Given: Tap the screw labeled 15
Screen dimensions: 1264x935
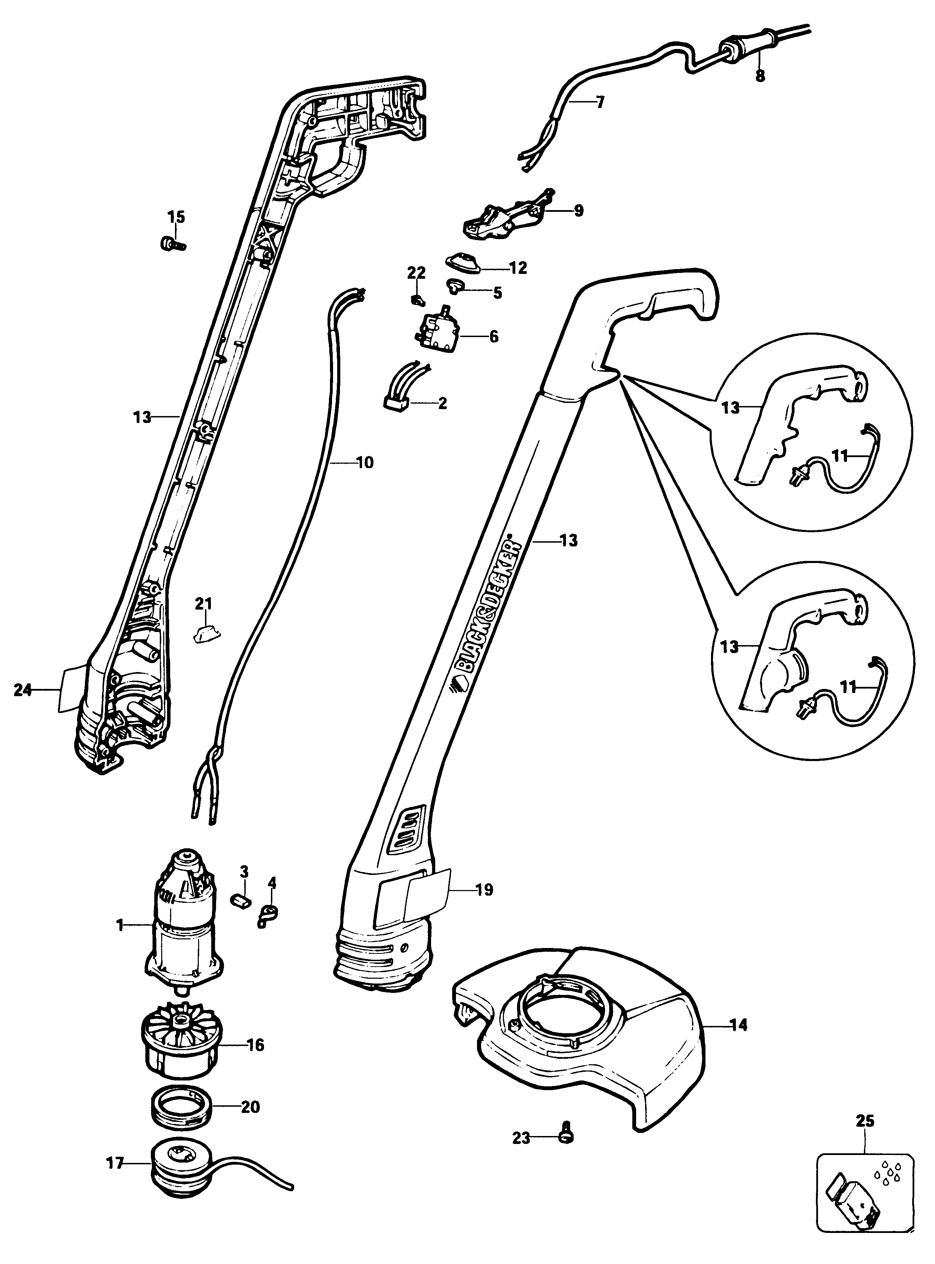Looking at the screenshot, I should pos(172,244).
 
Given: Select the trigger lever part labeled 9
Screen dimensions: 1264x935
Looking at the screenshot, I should pos(504,217).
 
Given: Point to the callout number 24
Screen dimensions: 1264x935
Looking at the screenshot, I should pos(23,690).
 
